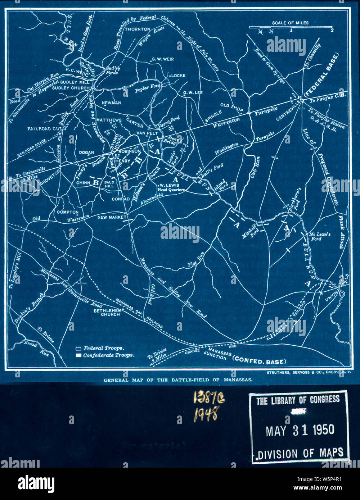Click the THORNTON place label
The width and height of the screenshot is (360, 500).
tap(137, 29)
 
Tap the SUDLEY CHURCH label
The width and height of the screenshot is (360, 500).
tap(71, 88)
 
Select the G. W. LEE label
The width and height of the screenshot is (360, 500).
tap(193, 93)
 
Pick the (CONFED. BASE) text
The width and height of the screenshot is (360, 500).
tap(260, 361)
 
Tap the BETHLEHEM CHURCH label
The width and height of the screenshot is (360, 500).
tap(107, 312)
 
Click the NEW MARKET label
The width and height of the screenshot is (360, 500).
tap(112, 217)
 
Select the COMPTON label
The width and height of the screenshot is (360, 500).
tap(68, 212)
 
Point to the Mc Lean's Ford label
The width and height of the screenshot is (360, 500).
tap(320, 236)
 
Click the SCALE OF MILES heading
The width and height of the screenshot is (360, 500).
tap(290, 23)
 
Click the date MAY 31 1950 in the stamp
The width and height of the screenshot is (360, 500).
tap(300, 430)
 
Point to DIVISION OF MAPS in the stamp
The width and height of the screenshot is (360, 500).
tap(300, 453)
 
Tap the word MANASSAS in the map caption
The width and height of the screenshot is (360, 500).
tap(238, 380)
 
